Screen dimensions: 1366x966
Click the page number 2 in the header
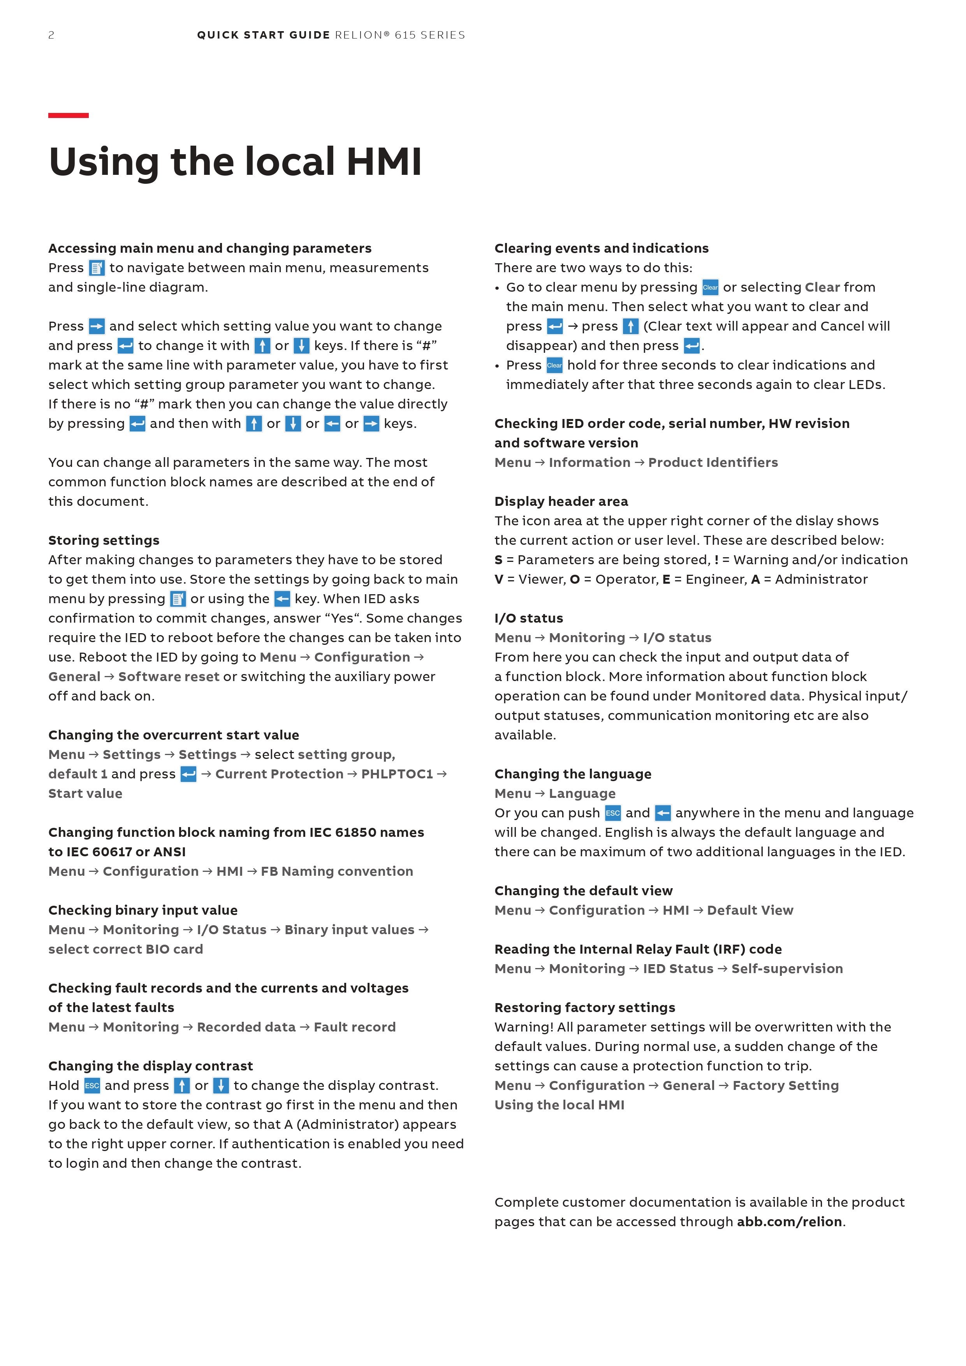(51, 35)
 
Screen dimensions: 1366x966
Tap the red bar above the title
(69, 115)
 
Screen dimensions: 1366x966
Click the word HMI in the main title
(384, 162)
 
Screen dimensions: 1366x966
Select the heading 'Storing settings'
(104, 540)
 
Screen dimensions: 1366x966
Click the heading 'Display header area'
(561, 502)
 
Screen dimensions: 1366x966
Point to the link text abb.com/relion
(789, 1222)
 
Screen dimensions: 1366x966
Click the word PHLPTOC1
(397, 774)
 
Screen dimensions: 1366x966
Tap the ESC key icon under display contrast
(92, 1086)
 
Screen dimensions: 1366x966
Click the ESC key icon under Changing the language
(613, 813)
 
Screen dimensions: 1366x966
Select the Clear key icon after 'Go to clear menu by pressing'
(710, 287)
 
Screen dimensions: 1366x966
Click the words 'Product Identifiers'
(713, 463)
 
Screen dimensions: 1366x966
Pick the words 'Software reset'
(169, 677)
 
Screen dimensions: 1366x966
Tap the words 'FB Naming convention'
(337, 871)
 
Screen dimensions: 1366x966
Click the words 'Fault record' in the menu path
(355, 1028)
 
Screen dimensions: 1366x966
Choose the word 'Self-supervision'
(787, 969)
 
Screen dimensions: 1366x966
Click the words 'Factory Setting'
(785, 1086)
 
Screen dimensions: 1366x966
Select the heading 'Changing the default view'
(584, 891)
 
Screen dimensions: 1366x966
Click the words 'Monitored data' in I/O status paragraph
(747, 696)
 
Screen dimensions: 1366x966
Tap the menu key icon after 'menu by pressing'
(178, 599)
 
